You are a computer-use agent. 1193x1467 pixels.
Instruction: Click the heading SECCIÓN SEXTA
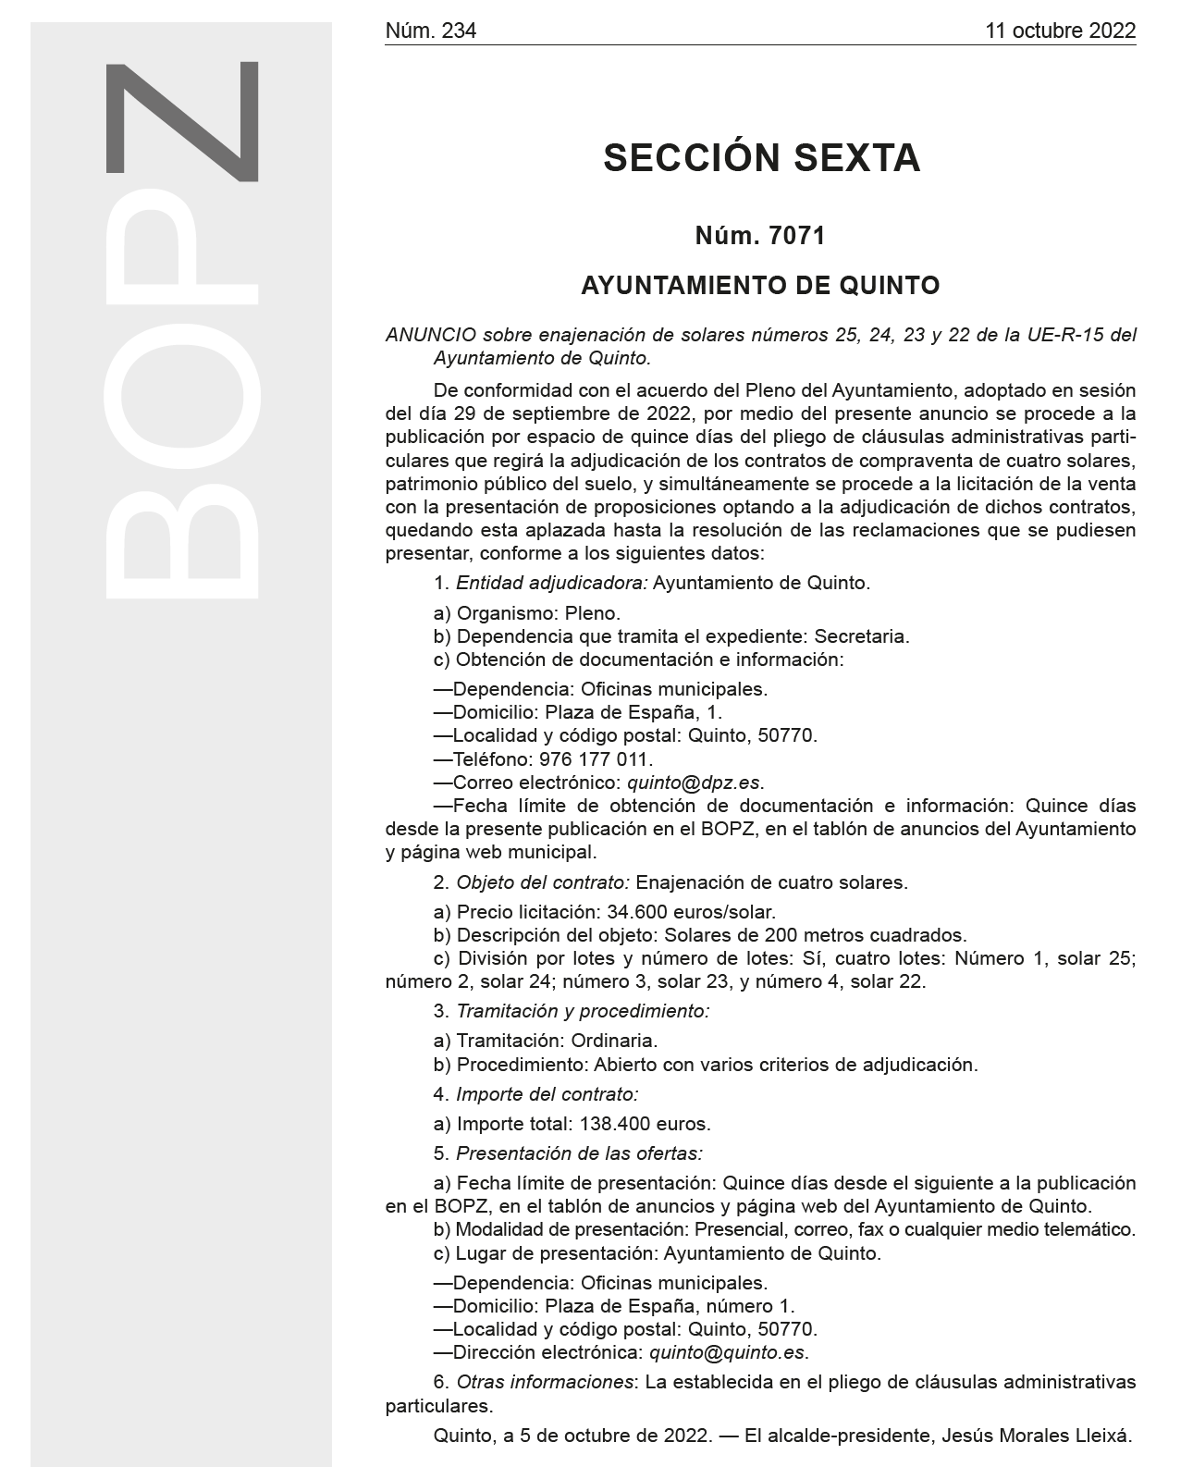[x=761, y=158]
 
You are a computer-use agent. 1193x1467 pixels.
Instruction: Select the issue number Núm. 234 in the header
[x=430, y=31]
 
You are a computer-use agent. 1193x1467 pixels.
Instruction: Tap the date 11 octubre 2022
[x=1060, y=31]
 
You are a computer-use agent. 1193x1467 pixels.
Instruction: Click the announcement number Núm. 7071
[x=760, y=236]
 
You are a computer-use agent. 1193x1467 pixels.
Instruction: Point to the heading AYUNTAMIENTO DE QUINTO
[x=760, y=286]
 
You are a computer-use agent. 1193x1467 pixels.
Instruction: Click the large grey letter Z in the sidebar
[x=182, y=120]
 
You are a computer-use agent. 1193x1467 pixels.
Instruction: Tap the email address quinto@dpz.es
[x=695, y=783]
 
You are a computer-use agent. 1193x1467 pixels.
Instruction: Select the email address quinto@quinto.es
[x=728, y=1352]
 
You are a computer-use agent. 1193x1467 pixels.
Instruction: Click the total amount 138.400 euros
[x=645, y=1124]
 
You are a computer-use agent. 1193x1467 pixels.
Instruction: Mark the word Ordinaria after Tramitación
[x=614, y=1041]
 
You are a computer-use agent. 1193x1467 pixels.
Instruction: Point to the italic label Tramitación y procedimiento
[x=583, y=1011]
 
